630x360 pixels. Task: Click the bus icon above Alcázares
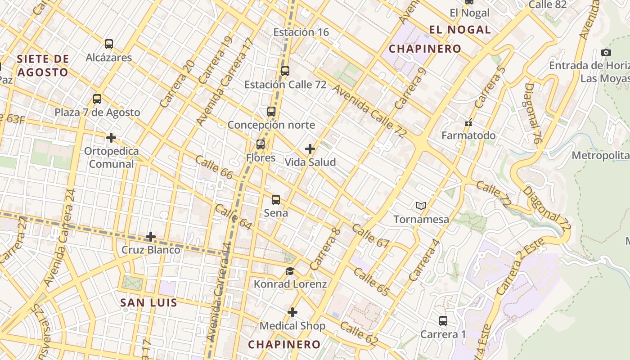coord(109,44)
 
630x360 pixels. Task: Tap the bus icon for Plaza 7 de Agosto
coord(97,99)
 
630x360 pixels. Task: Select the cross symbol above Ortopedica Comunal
coord(111,137)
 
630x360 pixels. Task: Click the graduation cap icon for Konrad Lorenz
coord(290,271)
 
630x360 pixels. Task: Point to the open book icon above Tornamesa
coord(421,206)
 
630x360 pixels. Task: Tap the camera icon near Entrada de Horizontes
coord(606,52)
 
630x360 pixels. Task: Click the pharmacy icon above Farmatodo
coord(468,122)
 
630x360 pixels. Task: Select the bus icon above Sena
coord(276,199)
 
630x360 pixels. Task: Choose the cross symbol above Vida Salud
coord(310,148)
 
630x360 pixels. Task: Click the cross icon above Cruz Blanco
coord(151,236)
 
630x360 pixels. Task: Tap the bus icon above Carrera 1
coord(443,321)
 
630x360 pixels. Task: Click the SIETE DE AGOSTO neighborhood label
coord(43,65)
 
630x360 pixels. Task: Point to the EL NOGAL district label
coord(459,30)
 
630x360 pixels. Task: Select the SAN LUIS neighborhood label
coord(148,302)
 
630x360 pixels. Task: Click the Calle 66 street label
coord(214,168)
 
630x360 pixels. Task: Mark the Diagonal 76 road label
coord(532,113)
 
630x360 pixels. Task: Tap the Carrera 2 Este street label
coord(522,267)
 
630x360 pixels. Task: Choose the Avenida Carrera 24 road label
coord(60,238)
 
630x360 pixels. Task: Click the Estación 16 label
coord(301,32)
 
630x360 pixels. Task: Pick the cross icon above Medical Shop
coord(292,312)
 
